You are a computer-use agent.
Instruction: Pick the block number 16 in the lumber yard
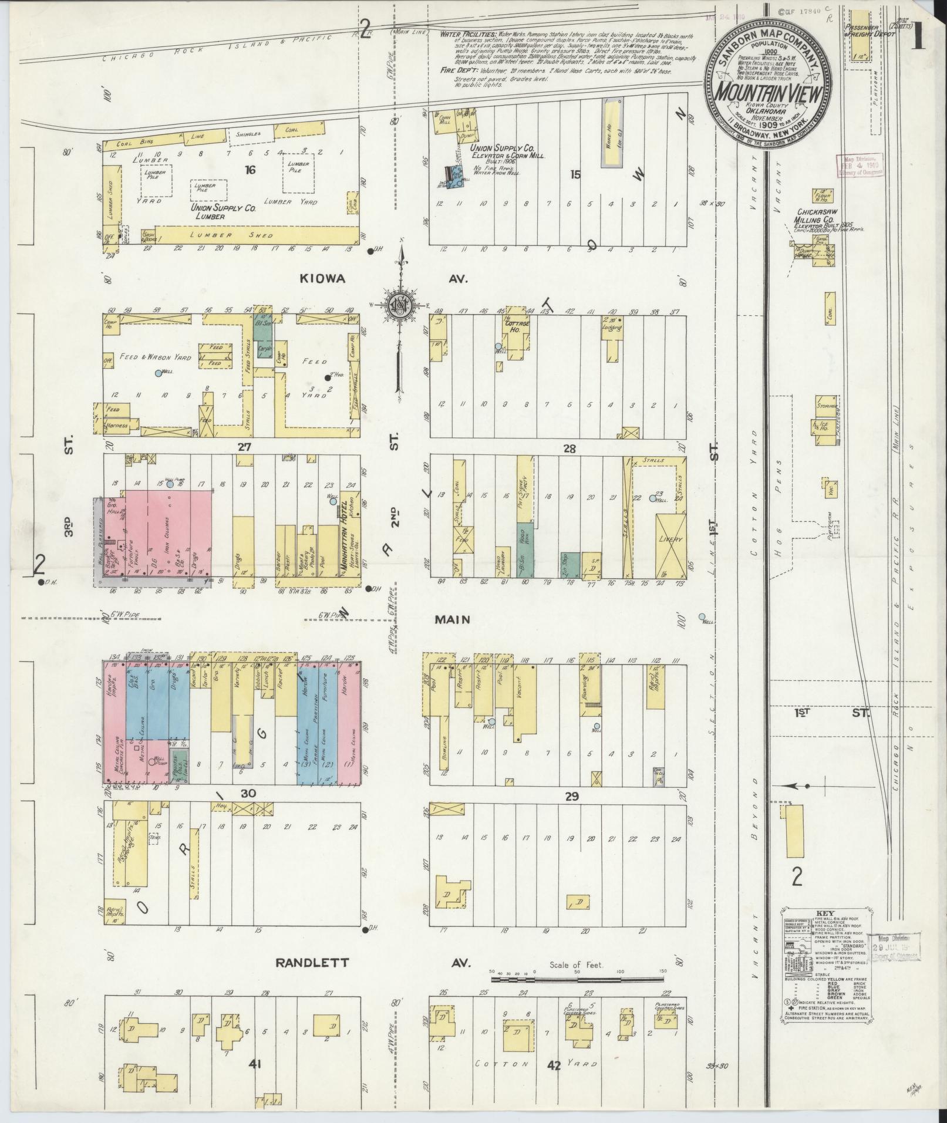coord(251,170)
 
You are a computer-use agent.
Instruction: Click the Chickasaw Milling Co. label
coord(820,215)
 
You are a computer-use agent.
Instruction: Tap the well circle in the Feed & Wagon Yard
coord(157,373)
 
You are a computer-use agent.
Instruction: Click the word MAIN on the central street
coord(453,619)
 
